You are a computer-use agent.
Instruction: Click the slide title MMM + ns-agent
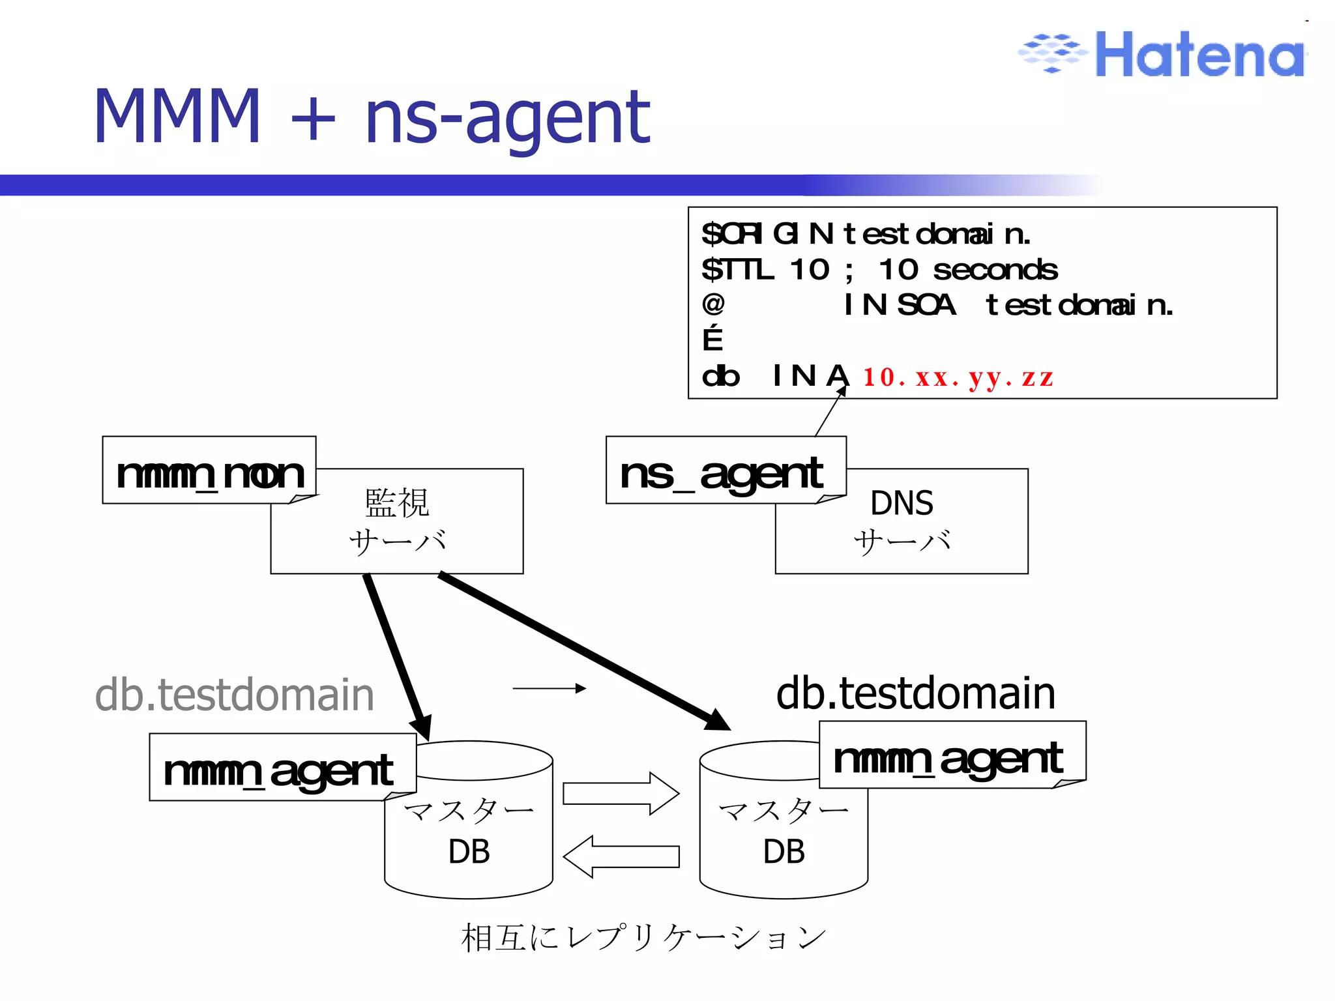click(x=372, y=117)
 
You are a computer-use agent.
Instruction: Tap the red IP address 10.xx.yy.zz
click(x=958, y=377)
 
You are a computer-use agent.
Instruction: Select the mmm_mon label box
click(x=209, y=471)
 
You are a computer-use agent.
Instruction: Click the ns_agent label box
click(x=725, y=471)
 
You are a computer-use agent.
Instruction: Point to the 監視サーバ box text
click(x=397, y=522)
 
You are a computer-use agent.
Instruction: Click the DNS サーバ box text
click(x=902, y=522)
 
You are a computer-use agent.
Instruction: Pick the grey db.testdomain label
click(x=235, y=695)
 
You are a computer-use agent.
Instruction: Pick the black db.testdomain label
click(x=915, y=693)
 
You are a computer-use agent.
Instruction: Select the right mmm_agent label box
click(x=951, y=756)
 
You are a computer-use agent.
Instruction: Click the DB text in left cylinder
click(x=469, y=852)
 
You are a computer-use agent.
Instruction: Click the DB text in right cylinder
click(x=784, y=852)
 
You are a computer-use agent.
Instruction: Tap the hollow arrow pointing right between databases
click(x=621, y=794)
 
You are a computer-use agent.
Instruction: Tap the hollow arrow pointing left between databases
click(x=621, y=856)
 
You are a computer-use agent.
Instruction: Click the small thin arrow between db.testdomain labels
click(x=549, y=688)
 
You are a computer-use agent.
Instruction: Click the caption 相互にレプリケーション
click(x=643, y=938)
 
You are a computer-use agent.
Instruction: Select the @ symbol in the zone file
click(x=713, y=304)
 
